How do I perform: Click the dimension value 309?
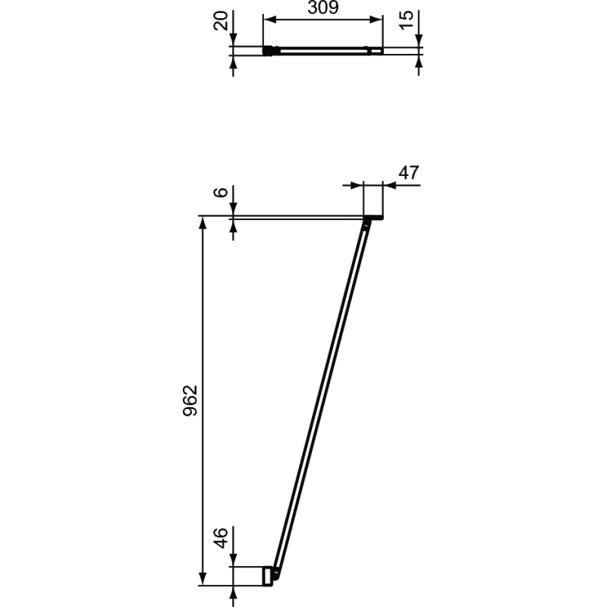323,8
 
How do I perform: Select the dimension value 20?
221,20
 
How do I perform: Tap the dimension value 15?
407,20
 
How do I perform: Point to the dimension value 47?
409,173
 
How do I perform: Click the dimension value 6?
221,192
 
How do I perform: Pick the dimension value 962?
190,401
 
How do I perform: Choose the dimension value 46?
221,538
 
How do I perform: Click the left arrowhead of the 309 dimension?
269,20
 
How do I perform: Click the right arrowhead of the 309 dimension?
376,20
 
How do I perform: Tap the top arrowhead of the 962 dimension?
203,222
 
